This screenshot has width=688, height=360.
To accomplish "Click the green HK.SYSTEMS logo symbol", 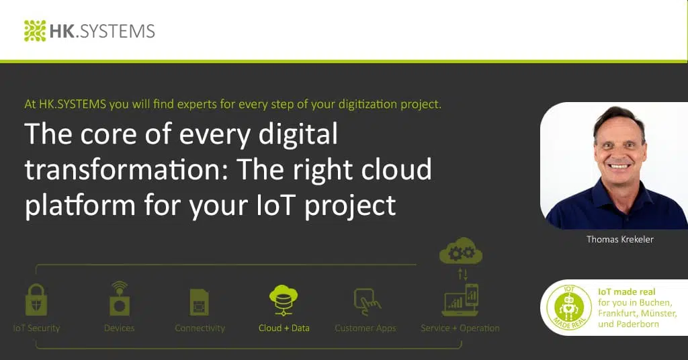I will [x=35, y=31].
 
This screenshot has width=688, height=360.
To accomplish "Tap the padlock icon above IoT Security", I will [x=36, y=300].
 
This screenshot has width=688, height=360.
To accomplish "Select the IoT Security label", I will [x=36, y=328].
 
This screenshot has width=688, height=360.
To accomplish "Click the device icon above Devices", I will [x=119, y=299].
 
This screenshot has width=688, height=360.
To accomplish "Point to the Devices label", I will [x=119, y=328].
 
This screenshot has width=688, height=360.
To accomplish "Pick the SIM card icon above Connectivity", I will [x=200, y=302].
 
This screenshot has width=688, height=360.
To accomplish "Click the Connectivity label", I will [x=200, y=328].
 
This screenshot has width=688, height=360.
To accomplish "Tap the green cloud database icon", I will [x=284, y=300].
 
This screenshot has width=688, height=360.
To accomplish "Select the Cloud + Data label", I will [x=284, y=328].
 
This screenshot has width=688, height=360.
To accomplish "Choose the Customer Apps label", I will [x=365, y=328].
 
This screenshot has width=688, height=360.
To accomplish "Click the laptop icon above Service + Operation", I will [x=460, y=301].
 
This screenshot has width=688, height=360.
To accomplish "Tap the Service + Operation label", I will [x=460, y=328].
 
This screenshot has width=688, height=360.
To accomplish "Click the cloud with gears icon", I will [x=461, y=252].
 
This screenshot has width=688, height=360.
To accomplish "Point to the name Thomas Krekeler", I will [x=619, y=240].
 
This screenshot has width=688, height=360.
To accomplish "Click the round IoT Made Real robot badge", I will [x=566, y=308].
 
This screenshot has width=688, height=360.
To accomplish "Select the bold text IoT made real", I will [x=626, y=291].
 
